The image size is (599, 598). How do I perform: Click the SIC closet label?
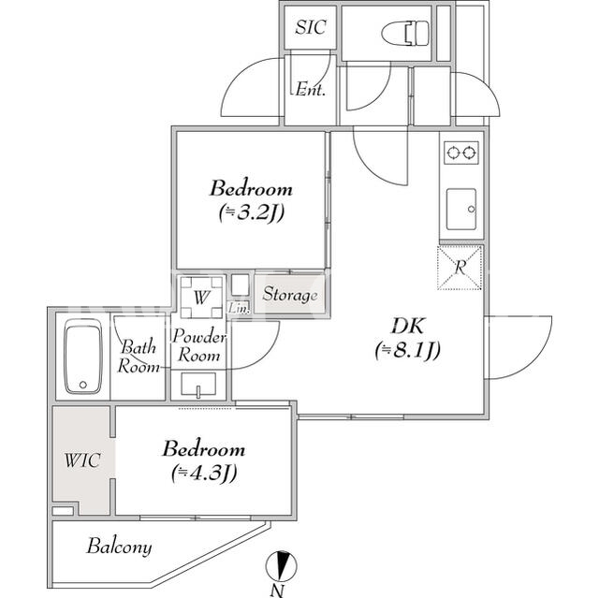(311, 27)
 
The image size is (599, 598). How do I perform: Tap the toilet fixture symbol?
(405, 32)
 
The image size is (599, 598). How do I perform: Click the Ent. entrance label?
(310, 90)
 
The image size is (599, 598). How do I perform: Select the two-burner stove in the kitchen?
(461, 153)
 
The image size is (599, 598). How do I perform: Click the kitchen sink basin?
(461, 209)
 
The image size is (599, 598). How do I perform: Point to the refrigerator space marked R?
(460, 268)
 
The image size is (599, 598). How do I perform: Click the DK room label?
(408, 327)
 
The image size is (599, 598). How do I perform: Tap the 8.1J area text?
(408, 350)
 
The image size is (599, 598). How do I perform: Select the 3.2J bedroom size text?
(252, 212)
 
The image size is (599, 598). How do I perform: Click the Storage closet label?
(290, 295)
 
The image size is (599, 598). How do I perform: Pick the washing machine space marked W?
(201, 298)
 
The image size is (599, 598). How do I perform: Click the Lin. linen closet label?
(239, 308)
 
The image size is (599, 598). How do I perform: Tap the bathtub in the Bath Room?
(83, 357)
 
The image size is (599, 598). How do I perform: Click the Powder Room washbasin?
(198, 384)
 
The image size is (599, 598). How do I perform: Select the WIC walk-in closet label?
(82, 460)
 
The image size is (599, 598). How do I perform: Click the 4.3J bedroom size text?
(204, 473)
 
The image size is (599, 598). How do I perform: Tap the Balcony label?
(119, 547)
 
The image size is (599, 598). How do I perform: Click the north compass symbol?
(281, 566)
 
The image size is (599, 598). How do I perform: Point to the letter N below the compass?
(277, 591)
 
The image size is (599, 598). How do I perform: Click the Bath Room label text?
(138, 357)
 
